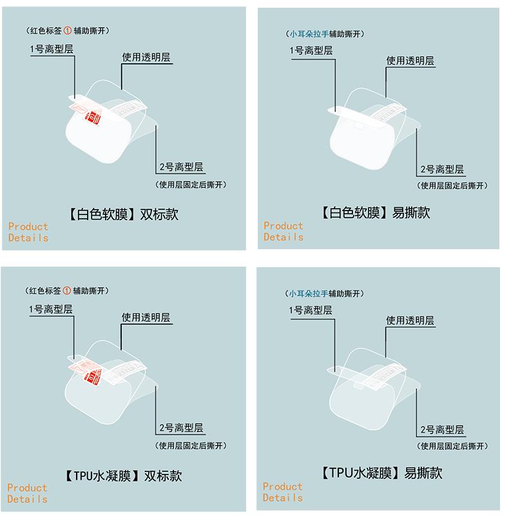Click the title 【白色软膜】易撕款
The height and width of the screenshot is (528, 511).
point(376,212)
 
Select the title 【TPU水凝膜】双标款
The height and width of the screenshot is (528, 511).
point(123,476)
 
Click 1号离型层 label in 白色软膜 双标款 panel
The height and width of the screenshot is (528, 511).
point(51,49)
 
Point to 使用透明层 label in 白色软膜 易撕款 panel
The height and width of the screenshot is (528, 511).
point(410,61)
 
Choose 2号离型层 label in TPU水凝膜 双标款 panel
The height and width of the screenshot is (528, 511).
point(181,428)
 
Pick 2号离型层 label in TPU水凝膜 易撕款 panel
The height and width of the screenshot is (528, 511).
point(442,430)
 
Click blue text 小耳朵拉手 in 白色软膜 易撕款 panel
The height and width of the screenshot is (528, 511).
point(309,34)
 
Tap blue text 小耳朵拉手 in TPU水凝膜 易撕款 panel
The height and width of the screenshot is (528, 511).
point(308,294)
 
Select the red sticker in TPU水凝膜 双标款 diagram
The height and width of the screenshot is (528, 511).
point(92,376)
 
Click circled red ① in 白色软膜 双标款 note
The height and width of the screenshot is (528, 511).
point(67,31)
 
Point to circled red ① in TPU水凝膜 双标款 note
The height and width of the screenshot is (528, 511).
point(67,291)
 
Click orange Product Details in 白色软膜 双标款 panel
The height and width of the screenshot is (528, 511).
point(28,232)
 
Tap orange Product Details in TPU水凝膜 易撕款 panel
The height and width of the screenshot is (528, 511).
point(283,492)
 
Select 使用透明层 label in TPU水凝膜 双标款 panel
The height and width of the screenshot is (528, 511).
point(146,317)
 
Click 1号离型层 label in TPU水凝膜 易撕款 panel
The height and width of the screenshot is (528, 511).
point(311,310)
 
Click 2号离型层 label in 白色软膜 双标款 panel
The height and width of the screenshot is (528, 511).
point(181,167)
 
